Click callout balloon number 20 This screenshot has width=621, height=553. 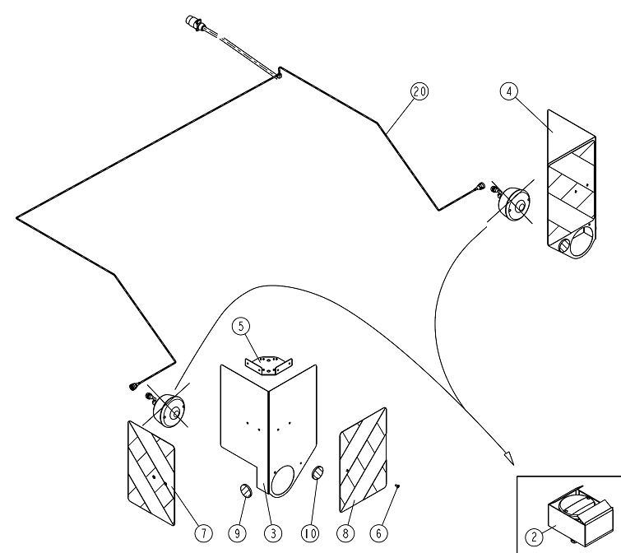419,91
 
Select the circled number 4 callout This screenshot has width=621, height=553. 509,91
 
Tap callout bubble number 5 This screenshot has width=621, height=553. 241,326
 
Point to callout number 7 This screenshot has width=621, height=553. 203,533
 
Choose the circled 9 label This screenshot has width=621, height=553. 237,533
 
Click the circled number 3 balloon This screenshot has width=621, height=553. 273,533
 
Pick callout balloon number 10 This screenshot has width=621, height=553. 310,533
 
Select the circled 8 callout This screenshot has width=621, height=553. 345,533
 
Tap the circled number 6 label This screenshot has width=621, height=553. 379,533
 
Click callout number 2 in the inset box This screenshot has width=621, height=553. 535,537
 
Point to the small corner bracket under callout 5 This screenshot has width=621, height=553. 268,365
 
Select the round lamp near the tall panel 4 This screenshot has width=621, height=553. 514,204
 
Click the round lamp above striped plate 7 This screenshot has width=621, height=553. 169,411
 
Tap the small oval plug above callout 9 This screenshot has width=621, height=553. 246,490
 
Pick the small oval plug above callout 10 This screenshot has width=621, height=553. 317,472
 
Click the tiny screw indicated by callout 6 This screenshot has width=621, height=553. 398,486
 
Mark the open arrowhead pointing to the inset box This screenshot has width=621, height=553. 509,458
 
